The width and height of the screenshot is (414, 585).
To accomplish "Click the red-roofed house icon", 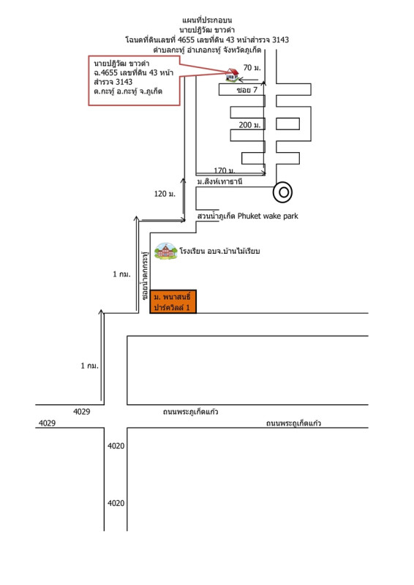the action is pos(232,75).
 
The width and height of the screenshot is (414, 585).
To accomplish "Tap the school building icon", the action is pos(166,251).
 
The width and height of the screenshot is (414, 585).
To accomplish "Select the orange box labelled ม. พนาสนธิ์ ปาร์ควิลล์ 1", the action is pos(173,301).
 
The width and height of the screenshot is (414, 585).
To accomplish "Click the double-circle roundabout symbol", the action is pos(282,192).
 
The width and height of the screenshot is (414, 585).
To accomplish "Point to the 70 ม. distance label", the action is pos(252,67).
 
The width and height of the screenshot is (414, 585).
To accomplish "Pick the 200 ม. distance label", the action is pos(249,125).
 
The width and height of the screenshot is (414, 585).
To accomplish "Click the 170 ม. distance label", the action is pos(225,170).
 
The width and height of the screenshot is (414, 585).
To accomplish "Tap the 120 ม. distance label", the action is pos(165,194).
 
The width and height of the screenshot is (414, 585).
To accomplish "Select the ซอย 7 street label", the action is pos(247,90).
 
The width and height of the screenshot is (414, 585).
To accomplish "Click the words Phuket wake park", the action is pos(268,216).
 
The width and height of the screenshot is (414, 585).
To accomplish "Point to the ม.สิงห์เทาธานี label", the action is pos(220,181).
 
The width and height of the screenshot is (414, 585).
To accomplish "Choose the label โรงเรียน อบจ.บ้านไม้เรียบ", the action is pos(219,251).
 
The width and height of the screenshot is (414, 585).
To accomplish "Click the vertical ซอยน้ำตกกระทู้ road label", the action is pos(145,276).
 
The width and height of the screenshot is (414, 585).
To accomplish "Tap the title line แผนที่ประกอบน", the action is pos(207,20).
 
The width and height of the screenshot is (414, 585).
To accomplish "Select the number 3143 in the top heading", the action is pos(280,39).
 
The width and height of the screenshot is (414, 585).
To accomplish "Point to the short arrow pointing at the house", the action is pos(248,80).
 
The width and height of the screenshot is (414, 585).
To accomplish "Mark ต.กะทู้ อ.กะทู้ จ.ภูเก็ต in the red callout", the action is pos(128,91).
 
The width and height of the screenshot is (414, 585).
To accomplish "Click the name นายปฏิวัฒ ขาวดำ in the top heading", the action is pos(207,30).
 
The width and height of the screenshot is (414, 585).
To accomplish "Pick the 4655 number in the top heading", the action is pos(187,39).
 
